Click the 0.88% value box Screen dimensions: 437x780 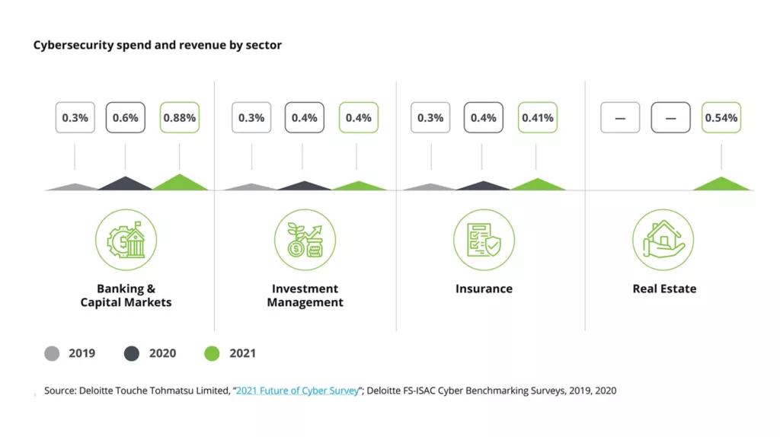click(x=180, y=118)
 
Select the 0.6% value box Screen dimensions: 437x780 click(x=125, y=118)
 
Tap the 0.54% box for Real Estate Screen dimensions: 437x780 click(x=721, y=118)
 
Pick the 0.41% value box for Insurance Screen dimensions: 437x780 click(x=538, y=118)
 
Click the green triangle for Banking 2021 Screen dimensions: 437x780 click(x=180, y=183)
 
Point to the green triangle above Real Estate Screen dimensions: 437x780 click(x=721, y=184)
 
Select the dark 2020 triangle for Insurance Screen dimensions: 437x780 click(x=483, y=186)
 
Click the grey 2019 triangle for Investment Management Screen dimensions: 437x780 click(x=251, y=187)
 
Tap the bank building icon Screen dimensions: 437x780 click(x=126, y=241)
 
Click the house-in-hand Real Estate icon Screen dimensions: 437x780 click(x=663, y=241)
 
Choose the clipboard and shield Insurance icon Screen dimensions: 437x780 click(x=484, y=241)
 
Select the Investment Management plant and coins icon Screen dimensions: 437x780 click(x=305, y=241)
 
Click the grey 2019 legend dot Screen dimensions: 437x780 click(x=52, y=353)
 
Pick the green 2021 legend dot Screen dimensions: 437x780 click(x=213, y=353)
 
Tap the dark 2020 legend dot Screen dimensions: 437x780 click(x=132, y=353)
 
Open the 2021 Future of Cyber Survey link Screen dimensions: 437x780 click(x=297, y=391)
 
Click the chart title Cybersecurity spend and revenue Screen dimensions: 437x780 click(x=158, y=45)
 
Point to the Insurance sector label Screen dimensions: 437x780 click(x=484, y=289)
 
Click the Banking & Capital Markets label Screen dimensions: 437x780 click(x=126, y=295)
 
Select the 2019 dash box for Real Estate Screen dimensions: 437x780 click(x=620, y=118)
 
